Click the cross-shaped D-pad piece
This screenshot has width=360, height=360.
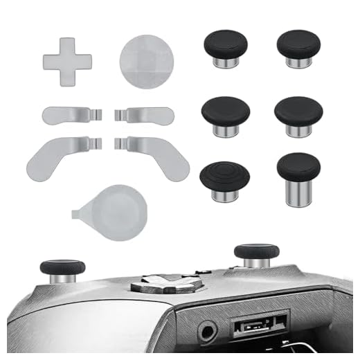(x=64, y=62)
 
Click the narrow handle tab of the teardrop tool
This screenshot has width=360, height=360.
(x=82, y=206)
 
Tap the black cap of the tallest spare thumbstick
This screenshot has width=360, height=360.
(x=298, y=166)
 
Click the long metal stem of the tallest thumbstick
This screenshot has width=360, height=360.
(x=298, y=192)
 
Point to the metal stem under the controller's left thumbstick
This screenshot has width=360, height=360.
(x=63, y=279)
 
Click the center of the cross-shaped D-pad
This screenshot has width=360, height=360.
(x=64, y=61)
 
